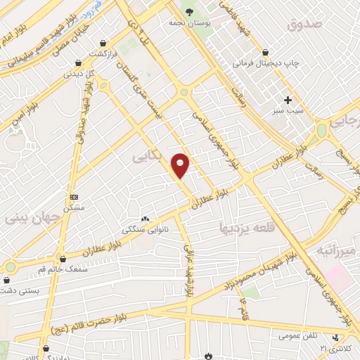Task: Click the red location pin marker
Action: tap(181, 165)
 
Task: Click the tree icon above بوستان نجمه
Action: tap(188, 11)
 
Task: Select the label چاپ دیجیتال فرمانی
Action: tap(266, 62)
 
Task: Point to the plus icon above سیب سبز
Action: tap(288, 99)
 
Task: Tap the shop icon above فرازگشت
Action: tap(103, 43)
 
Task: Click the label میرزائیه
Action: tap(337, 250)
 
